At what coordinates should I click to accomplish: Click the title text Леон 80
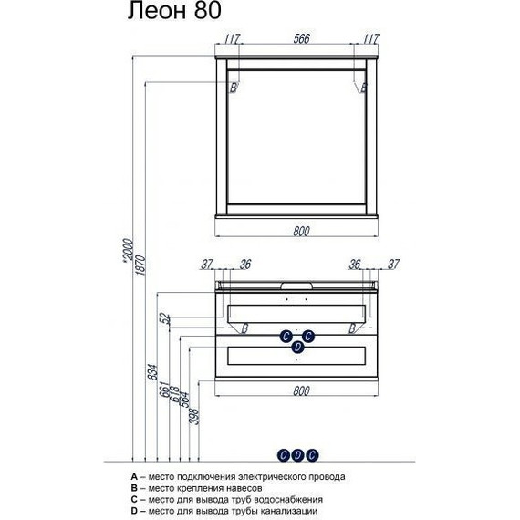click(x=174, y=11)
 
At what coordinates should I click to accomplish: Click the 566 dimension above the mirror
click(x=301, y=39)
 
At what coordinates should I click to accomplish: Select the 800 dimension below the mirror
click(x=301, y=231)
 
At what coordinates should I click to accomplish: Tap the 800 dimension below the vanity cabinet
click(x=301, y=391)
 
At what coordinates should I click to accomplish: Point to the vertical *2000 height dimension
click(x=128, y=251)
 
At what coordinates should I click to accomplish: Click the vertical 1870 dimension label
click(x=140, y=265)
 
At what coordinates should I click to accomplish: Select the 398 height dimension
click(x=194, y=416)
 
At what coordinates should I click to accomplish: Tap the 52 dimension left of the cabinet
click(x=166, y=319)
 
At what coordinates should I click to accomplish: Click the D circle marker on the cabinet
click(x=297, y=348)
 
